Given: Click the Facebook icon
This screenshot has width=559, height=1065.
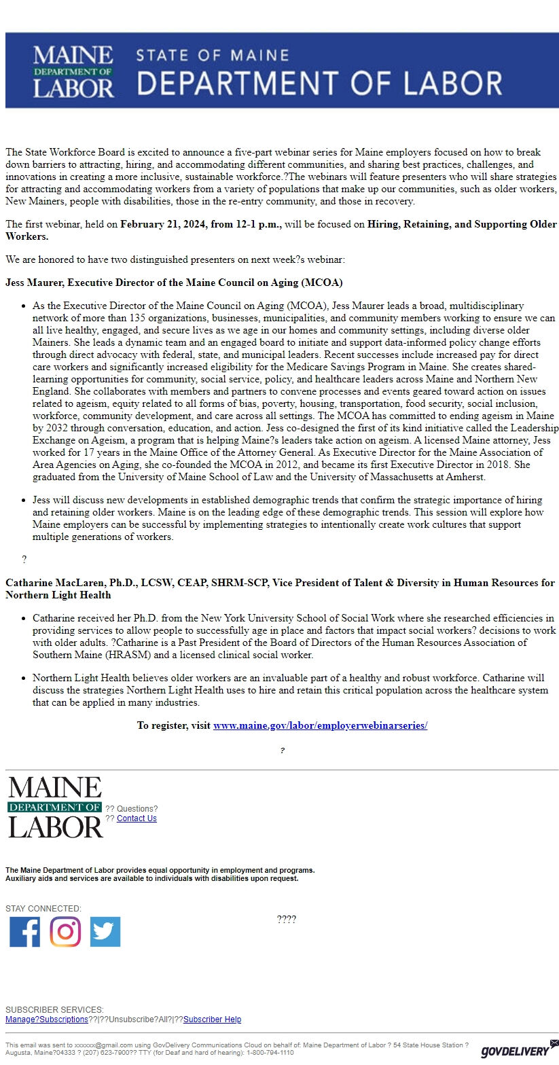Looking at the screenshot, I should [24, 931].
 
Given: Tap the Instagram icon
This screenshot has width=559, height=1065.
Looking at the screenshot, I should [65, 931].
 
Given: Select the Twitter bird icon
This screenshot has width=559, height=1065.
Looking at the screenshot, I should [105, 931].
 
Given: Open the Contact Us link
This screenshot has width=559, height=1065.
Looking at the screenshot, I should [137, 818].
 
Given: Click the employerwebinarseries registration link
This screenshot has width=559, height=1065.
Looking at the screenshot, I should [320, 725].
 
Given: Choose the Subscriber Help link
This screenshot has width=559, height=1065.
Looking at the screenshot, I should [212, 1019].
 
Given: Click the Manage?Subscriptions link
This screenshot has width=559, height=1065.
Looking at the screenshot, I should [47, 1019].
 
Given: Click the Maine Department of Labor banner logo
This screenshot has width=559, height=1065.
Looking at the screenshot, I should [73, 71].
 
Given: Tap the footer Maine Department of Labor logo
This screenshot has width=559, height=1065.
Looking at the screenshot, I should [55, 808].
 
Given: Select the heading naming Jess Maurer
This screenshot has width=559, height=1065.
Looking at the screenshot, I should [174, 282].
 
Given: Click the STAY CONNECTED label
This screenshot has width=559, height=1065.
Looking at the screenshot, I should [43, 909].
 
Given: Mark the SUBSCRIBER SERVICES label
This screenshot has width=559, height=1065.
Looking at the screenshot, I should [54, 1010].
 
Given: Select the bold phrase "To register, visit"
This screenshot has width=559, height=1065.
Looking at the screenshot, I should [173, 725].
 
